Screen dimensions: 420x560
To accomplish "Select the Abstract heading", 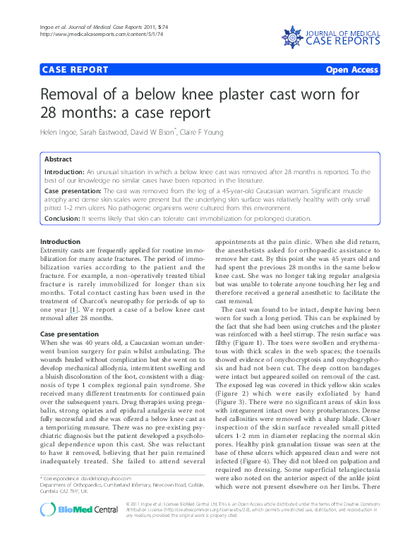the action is [58, 159].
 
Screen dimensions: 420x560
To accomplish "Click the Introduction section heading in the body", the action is [61, 242].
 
